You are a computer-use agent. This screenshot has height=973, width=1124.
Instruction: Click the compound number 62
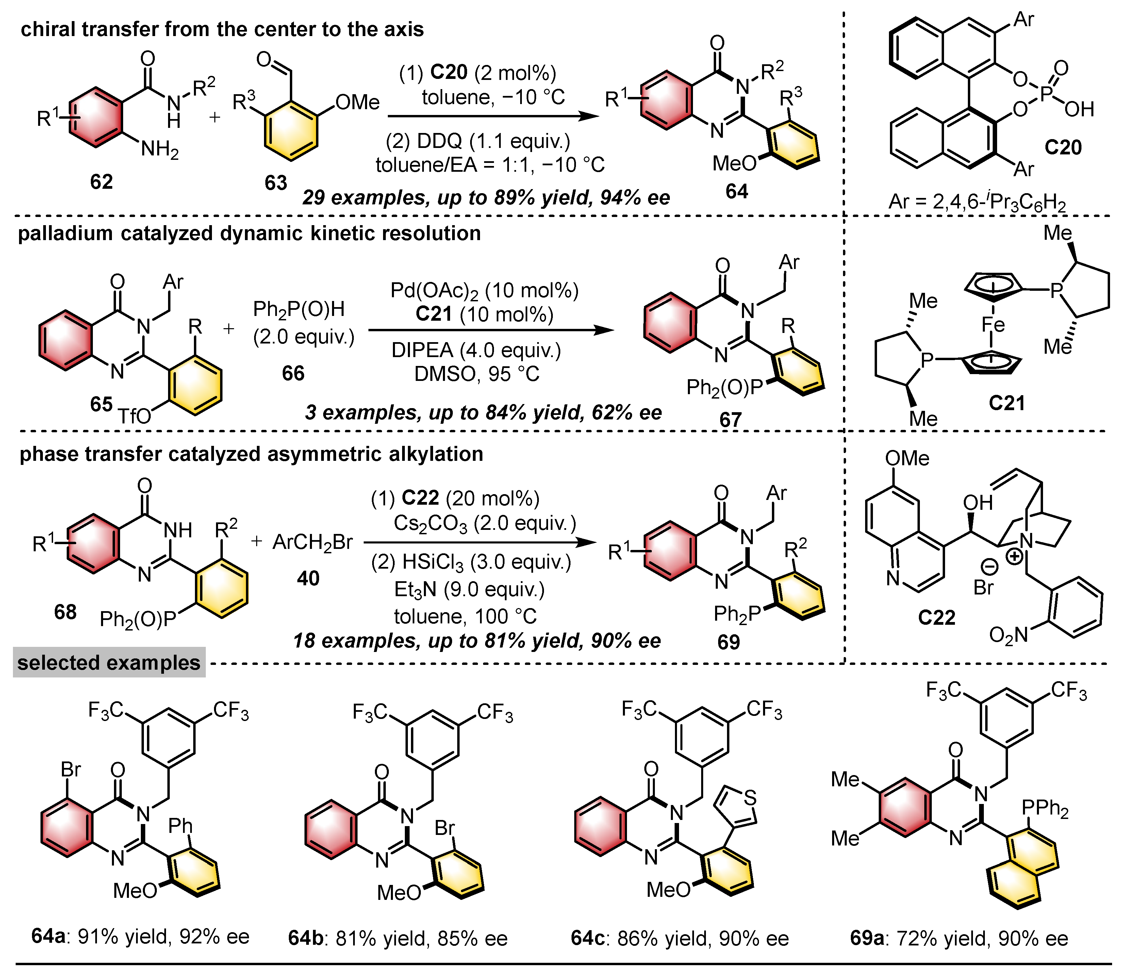tap(101, 181)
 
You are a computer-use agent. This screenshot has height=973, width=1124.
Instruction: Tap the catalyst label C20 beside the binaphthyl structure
tap(1063, 147)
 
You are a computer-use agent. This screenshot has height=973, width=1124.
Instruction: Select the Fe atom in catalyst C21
tap(993, 325)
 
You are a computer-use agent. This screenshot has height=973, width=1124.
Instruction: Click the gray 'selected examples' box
tap(109, 662)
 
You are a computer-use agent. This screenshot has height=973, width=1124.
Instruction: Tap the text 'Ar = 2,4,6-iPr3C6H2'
tap(977, 203)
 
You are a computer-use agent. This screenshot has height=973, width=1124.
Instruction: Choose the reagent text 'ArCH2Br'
tap(312, 542)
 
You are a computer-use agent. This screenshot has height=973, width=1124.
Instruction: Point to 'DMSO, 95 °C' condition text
tap(477, 373)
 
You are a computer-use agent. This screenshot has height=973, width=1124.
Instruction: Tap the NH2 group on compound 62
tap(160, 148)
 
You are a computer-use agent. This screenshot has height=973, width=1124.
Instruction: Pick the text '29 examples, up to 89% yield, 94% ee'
tap(486, 197)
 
